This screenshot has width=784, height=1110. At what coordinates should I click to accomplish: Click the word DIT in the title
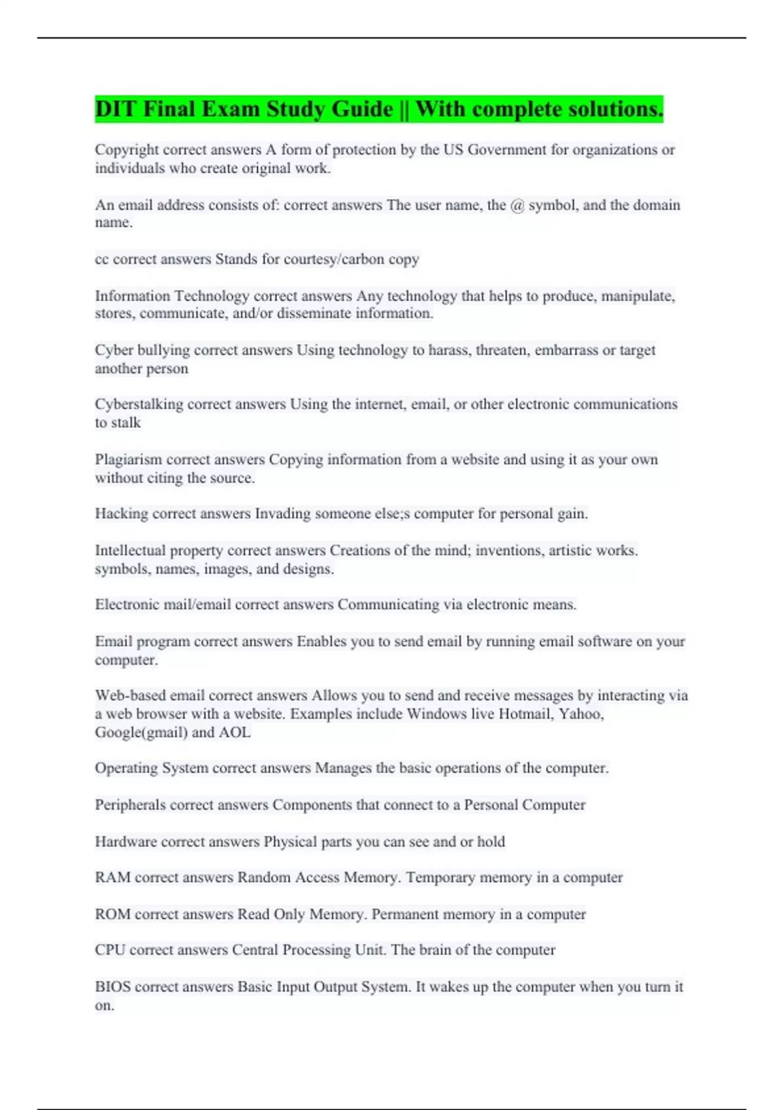(115, 109)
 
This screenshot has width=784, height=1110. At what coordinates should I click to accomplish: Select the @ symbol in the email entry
(517, 205)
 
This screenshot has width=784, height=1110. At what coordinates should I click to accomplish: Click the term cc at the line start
(101, 260)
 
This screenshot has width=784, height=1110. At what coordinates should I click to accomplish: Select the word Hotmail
(525, 714)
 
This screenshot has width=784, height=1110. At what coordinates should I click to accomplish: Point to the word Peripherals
(130, 805)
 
